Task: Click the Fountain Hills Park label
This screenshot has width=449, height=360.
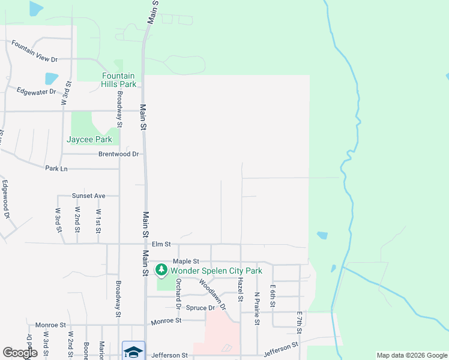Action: [x=119, y=80]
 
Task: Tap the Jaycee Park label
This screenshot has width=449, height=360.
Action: [x=89, y=139]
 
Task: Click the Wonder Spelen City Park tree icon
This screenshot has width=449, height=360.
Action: [x=161, y=271]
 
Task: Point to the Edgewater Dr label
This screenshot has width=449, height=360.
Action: [x=37, y=92]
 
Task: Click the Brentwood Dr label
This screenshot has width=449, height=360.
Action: [x=119, y=154]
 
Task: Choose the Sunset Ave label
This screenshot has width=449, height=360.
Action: [x=89, y=196]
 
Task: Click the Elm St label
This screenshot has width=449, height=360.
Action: [x=161, y=244]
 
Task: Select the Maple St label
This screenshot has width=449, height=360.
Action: [x=185, y=262]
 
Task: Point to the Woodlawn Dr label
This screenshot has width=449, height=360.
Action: [x=212, y=294]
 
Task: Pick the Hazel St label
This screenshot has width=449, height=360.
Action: [x=241, y=289]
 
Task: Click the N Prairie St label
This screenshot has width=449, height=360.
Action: [x=256, y=308]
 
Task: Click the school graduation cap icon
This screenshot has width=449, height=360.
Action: [x=133, y=350]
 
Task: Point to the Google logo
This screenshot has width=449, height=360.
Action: [x=20, y=353]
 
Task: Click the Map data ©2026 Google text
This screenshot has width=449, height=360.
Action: [x=411, y=355]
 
